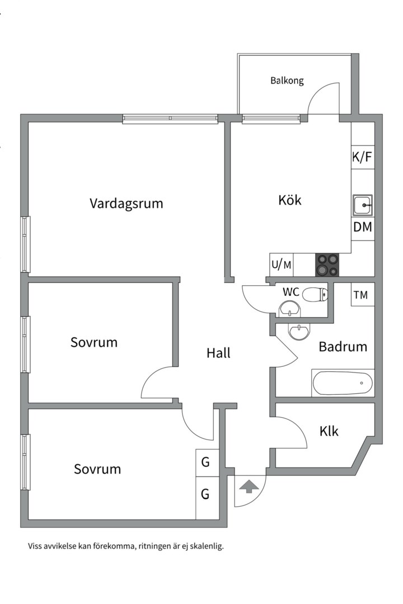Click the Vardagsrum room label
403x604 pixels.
pyautogui.click(x=126, y=203)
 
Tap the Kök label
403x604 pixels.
pyautogui.click(x=290, y=200)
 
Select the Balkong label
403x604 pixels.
pyautogui.click(x=287, y=81)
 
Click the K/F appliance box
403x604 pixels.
pyautogui.click(x=362, y=157)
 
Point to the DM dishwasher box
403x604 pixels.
pyautogui.click(x=363, y=228)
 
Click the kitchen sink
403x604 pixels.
pyautogui.click(x=363, y=206)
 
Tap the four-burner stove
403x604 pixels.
pyautogui.click(x=327, y=265)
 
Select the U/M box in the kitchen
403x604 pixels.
pyautogui.click(x=282, y=265)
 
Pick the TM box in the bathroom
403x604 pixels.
pyautogui.click(x=362, y=295)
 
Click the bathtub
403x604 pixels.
pyautogui.click(x=343, y=384)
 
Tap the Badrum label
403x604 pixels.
pyautogui.click(x=343, y=347)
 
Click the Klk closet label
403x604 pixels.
pyautogui.click(x=329, y=431)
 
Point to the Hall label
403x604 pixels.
pyautogui.click(x=218, y=353)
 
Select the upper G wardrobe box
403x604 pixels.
pyautogui.click(x=205, y=463)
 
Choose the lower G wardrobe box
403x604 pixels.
pyautogui.click(x=205, y=494)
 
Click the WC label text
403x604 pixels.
pyautogui.click(x=290, y=292)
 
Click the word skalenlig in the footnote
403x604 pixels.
pyautogui.click(x=207, y=546)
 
